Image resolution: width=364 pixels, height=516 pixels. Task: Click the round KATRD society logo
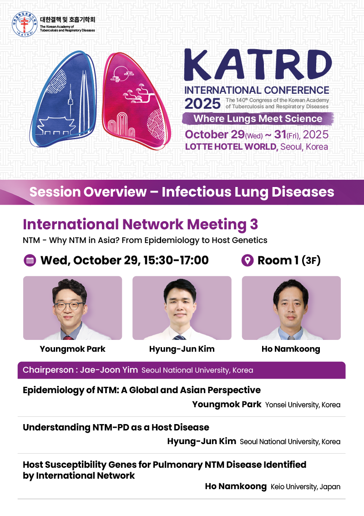point(25,24)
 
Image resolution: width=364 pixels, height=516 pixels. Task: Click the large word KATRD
point(258,65)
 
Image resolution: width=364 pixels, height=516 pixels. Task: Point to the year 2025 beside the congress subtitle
point(202,104)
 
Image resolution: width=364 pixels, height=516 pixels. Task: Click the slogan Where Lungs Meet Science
point(258,118)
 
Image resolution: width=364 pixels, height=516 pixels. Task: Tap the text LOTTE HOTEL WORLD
point(231,147)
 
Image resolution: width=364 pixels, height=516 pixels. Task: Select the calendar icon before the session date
point(30,261)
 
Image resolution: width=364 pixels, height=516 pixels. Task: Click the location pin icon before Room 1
point(248,261)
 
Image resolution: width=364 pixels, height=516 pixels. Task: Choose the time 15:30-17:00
point(176,260)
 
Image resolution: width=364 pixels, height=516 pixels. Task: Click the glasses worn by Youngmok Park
point(69,305)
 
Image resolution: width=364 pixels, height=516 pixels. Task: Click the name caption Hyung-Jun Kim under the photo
point(182,349)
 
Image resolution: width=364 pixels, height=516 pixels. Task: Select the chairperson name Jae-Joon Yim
point(109,370)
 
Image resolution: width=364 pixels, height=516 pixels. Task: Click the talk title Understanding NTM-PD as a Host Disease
point(116,427)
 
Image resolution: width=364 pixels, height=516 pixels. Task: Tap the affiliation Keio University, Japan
point(305,487)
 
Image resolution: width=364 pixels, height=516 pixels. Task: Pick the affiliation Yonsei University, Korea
point(303,405)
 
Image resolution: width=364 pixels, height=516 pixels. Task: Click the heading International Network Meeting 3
point(140,224)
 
